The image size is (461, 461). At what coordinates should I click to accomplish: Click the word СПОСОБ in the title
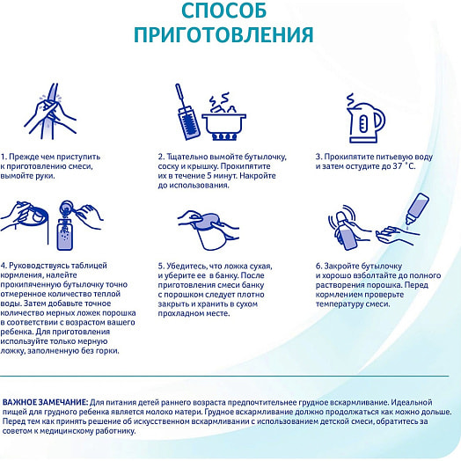tap(224, 10)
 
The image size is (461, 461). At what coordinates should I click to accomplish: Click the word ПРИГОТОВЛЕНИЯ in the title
tap(223, 34)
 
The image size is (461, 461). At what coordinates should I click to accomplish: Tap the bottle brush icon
tap(187, 112)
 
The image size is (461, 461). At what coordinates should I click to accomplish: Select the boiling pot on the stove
tap(224, 118)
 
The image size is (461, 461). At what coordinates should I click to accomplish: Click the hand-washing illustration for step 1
tap(50, 113)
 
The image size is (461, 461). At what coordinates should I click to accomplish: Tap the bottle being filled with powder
tap(65, 234)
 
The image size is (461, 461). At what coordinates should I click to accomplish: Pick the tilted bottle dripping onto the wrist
tap(416, 208)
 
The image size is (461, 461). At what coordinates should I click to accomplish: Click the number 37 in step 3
tap(398, 166)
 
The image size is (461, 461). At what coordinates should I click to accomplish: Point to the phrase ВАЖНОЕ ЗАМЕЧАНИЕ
tap(45, 402)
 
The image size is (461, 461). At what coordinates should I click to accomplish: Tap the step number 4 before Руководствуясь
tap(3, 266)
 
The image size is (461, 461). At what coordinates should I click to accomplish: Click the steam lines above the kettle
tap(350, 100)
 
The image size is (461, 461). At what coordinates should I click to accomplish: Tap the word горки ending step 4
tap(108, 351)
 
